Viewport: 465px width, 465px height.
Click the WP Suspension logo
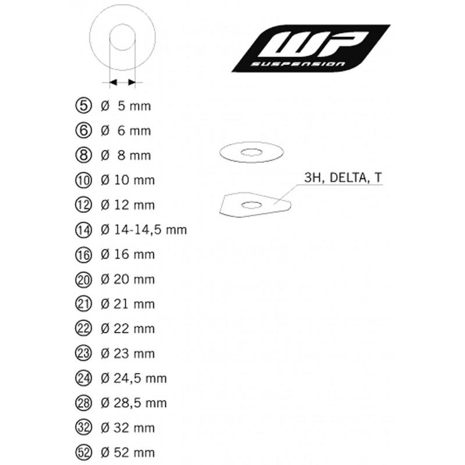[311, 48]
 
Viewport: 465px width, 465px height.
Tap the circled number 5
[83, 106]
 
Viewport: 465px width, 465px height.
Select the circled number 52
[83, 453]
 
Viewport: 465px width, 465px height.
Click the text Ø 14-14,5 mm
[144, 230]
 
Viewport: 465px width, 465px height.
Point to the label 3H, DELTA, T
[343, 177]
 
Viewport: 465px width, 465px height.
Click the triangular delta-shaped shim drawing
[255, 205]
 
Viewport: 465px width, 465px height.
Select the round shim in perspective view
[252, 152]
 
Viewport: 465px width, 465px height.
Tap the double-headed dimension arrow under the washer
[123, 82]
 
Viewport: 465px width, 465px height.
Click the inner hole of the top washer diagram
[123, 37]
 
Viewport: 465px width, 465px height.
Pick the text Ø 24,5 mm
[134, 378]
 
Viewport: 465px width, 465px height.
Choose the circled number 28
[83, 403]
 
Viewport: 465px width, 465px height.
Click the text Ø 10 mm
[128, 180]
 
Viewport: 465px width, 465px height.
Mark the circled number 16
[83, 255]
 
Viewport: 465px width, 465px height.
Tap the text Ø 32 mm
[128, 428]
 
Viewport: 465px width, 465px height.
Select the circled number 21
[83, 304]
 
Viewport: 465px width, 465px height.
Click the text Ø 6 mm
[126, 131]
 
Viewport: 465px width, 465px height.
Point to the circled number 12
[83, 205]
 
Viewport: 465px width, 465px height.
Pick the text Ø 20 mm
[128, 280]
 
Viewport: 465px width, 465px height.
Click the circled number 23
[83, 353]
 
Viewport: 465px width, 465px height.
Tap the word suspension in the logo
[298, 64]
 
